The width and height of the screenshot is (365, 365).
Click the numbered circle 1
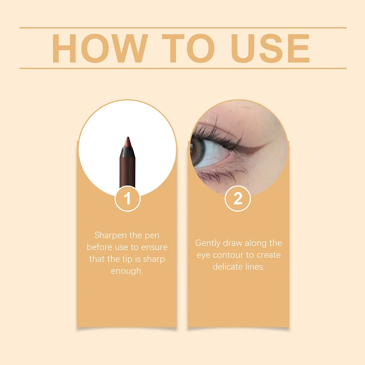pos(127,199)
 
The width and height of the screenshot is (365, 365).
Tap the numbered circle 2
pos(237,199)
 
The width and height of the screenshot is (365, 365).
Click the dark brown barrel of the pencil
pos(127,171)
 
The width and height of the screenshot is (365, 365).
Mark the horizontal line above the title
pos(183,28)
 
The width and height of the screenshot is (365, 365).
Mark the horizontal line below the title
pos(183,68)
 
